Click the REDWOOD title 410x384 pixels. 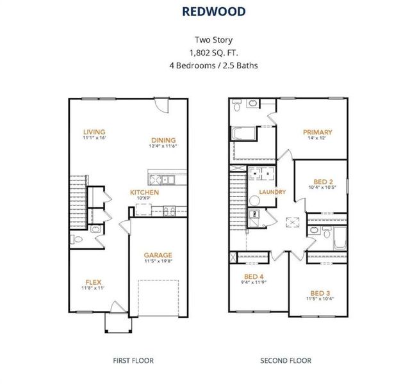213,12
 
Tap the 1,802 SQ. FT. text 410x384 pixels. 213,52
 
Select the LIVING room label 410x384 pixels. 94,132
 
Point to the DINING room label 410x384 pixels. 163,140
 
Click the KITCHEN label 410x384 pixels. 144,193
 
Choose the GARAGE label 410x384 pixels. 158,255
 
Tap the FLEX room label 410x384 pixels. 94,282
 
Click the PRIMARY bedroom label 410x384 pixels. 318,132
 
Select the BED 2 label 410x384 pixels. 323,182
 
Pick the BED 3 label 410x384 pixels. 320,293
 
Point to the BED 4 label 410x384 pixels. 254,276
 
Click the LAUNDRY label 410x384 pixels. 272,192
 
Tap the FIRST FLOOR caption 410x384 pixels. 133,361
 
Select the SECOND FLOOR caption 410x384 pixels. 286,361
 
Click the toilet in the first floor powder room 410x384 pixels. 76,239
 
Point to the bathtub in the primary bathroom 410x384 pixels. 243,134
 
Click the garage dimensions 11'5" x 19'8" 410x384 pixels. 158,261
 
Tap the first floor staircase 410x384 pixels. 78,202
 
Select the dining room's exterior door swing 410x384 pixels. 161,105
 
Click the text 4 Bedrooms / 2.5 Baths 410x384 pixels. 213,65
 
